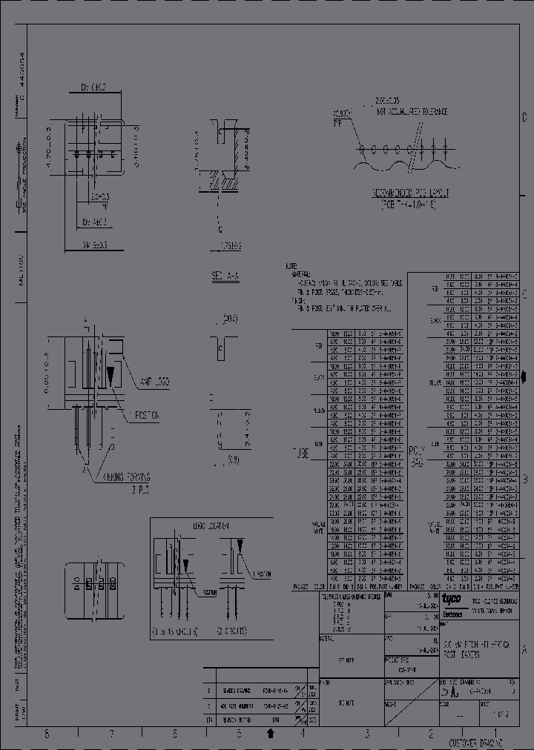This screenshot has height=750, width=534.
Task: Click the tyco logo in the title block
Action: click(451, 598)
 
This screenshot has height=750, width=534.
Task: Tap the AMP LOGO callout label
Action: click(154, 381)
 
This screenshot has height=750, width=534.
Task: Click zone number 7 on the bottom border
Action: click(111, 734)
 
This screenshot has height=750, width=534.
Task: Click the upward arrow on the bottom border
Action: click(271, 734)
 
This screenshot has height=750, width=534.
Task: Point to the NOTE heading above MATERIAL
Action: click(291, 265)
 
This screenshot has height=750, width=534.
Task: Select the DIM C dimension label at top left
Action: click(93, 87)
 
